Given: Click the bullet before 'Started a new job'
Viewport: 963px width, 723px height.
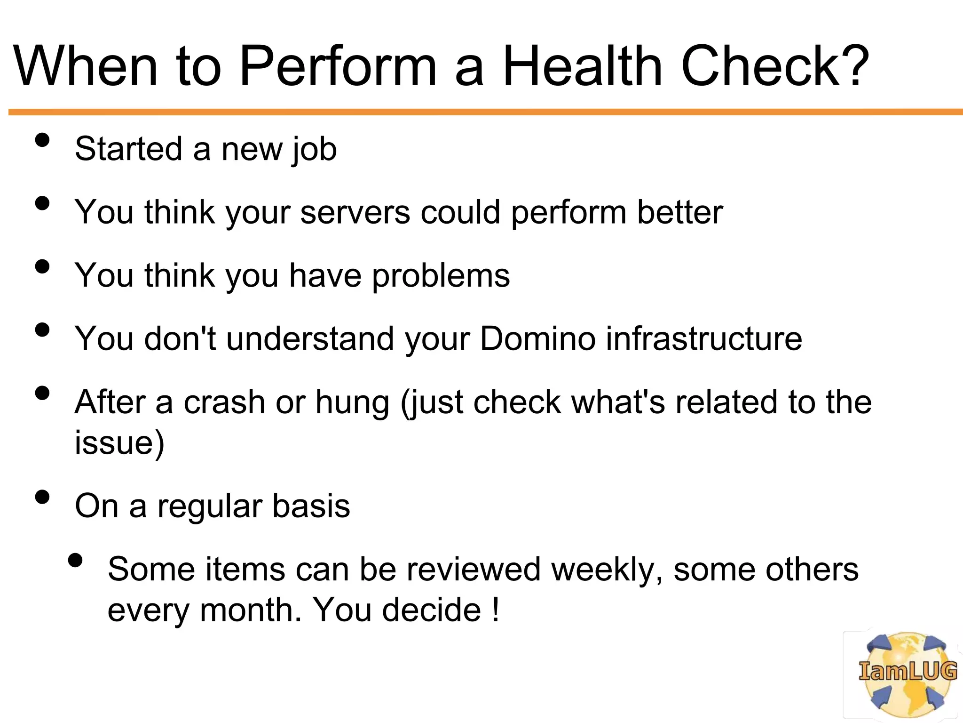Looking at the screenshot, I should click(42, 140).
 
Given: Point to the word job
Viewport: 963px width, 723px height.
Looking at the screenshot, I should click(314, 150).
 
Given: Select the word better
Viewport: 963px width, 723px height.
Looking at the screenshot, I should click(679, 213).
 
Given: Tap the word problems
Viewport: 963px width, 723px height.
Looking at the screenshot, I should click(441, 276).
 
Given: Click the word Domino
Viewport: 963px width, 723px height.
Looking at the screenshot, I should click(537, 339).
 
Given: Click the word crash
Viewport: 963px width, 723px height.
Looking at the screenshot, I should click(224, 402).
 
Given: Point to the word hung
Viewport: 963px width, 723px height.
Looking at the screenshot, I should click(352, 403).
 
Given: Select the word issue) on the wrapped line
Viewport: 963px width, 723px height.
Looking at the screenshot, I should click(119, 443).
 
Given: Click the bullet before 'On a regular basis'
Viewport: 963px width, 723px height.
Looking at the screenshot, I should click(42, 497).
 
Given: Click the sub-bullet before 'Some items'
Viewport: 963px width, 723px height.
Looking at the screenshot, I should click(75, 560).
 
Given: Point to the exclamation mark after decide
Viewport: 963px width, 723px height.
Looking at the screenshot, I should click(495, 611).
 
